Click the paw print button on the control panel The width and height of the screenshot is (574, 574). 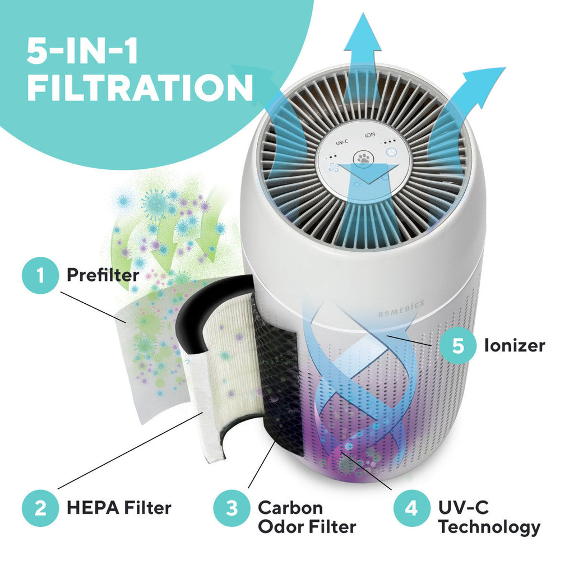(363, 159)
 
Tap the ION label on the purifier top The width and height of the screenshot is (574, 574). (370, 135)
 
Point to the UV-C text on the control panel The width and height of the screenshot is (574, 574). (342, 143)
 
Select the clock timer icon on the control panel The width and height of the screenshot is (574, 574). (391, 151)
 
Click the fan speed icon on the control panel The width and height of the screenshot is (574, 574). (333, 168)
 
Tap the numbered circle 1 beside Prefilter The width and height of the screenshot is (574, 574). (40, 275)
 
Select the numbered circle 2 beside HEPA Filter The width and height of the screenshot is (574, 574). (40, 508)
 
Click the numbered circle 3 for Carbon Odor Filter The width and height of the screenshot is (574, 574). (232, 508)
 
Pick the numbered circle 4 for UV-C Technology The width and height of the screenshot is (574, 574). (411, 508)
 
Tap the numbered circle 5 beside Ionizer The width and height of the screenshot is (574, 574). (458, 345)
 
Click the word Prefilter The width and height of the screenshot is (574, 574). (103, 275)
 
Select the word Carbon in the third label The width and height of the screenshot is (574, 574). (290, 508)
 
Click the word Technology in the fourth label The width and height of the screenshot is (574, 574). (489, 527)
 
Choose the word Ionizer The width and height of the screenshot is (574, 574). (515, 345)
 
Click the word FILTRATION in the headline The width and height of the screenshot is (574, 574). (140, 87)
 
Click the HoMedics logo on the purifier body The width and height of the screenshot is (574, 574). (401, 309)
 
